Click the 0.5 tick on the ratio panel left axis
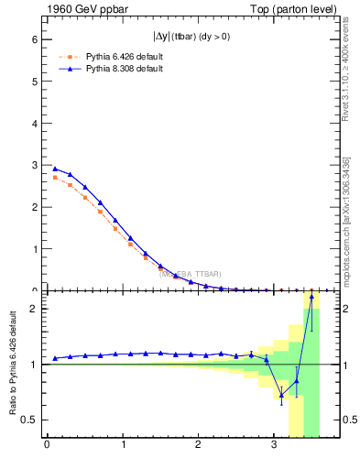pos(29,420)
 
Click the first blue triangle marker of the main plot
pos(55,169)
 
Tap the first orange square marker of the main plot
pos(55,178)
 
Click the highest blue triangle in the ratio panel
pos(311,296)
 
